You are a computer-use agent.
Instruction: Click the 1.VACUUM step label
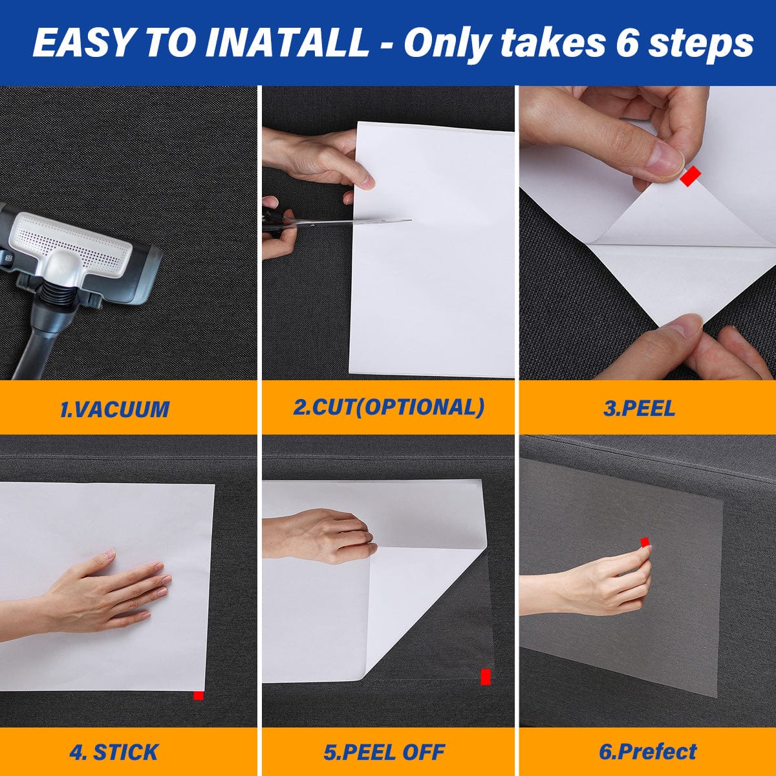[114, 409]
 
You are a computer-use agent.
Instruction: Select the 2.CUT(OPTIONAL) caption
[389, 407]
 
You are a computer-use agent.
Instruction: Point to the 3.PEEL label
[639, 409]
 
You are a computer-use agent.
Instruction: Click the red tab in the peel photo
[690, 176]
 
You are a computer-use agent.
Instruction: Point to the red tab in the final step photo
[645, 543]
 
